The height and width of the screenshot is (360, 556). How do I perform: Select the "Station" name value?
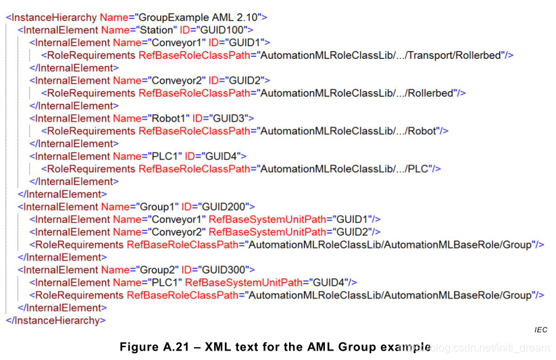157,30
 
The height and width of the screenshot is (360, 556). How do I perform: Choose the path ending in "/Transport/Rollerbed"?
382,55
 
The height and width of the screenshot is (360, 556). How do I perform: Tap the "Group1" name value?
156,207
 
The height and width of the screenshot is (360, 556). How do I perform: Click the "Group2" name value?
156,269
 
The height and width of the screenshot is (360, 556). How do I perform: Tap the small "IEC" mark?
540,330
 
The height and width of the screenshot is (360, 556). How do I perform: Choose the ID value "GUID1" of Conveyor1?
245,43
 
